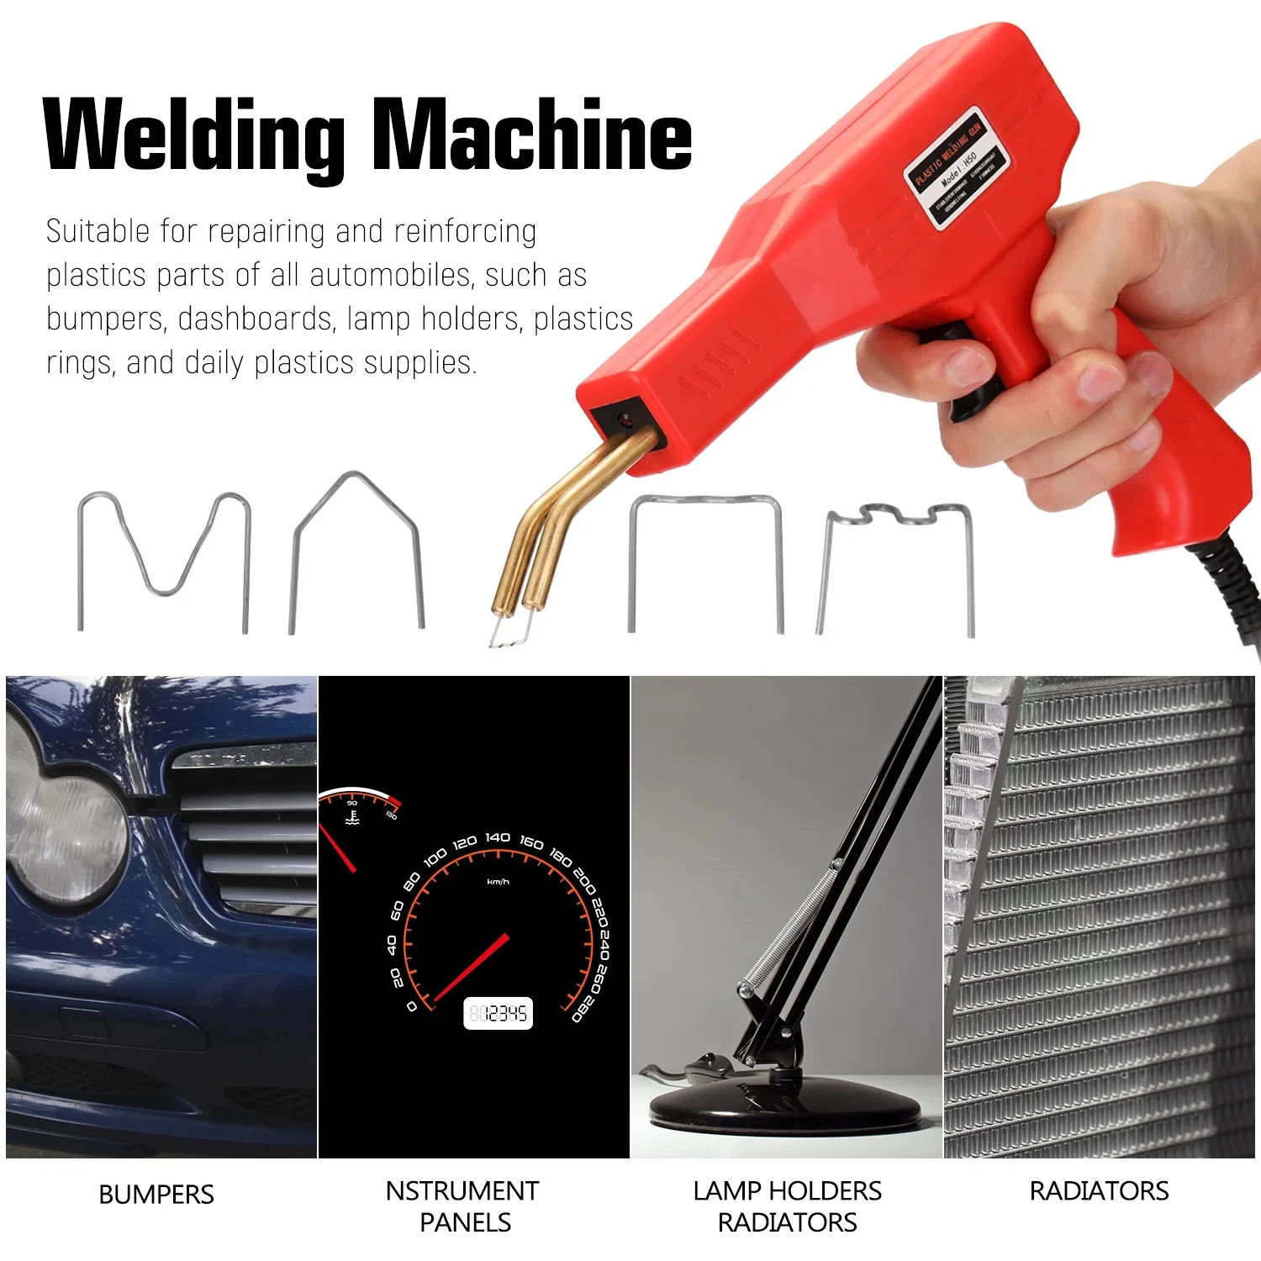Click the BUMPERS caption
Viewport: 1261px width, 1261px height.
(x=156, y=1195)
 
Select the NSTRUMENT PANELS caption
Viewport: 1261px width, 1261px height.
(x=463, y=1206)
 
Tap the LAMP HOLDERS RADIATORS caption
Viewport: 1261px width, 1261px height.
(x=787, y=1206)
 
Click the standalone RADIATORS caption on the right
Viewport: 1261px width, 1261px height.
(x=1099, y=1191)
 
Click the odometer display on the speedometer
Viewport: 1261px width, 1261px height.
(x=498, y=1014)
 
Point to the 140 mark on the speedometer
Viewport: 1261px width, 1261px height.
(x=498, y=837)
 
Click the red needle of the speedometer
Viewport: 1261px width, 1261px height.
(x=471, y=967)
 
